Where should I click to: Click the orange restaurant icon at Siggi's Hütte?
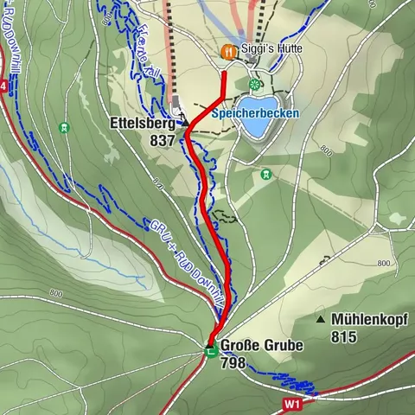click(228, 51)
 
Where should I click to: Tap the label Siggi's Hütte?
click(271, 50)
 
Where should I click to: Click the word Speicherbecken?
click(255, 113)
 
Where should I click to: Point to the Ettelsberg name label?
click(143, 124)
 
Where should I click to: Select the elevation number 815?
click(342, 336)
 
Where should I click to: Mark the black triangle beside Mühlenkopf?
click(321, 319)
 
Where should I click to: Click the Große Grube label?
click(262, 346)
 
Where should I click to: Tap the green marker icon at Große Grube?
click(210, 349)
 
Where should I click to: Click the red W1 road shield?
click(293, 404)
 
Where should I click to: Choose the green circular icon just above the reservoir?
click(254, 84)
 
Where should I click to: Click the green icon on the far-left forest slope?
click(64, 128)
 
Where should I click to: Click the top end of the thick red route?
click(225, 73)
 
